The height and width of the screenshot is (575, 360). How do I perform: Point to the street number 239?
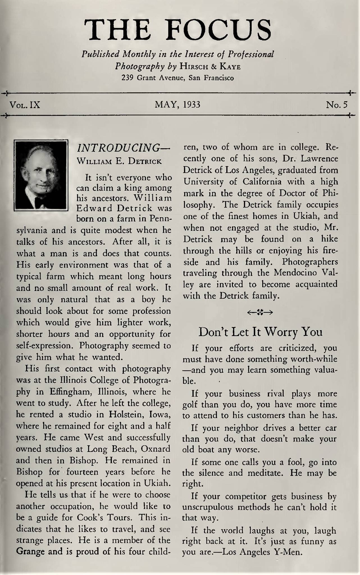coord(127,78)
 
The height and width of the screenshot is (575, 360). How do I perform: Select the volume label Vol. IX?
coord(25,105)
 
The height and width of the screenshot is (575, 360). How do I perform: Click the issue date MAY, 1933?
coord(177,105)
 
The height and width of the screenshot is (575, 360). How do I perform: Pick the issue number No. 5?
coord(337,105)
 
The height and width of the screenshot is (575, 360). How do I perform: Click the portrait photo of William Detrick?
coord(41,175)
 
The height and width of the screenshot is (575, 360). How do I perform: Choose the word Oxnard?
coord(156,449)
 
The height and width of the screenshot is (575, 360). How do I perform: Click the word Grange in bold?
coord(30,551)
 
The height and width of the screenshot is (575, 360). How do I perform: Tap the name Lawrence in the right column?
coord(320,159)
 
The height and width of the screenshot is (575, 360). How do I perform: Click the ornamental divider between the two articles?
coord(260,312)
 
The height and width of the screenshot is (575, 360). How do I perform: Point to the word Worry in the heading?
coord(281,332)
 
